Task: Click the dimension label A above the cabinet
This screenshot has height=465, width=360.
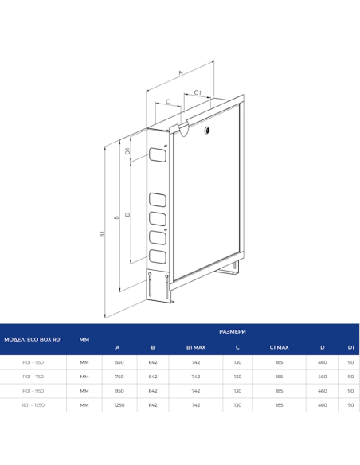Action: click(181, 72)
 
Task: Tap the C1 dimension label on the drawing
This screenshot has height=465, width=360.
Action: click(198, 92)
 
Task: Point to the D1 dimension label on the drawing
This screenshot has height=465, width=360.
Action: click(127, 151)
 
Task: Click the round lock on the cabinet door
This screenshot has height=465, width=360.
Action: click(206, 129)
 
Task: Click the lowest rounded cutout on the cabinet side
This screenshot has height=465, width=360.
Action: click(157, 256)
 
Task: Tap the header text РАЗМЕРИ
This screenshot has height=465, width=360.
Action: click(232, 330)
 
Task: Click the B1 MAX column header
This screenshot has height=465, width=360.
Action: click(196, 347)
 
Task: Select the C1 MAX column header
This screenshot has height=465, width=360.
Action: click(279, 347)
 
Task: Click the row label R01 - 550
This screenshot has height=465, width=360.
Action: click(33, 362)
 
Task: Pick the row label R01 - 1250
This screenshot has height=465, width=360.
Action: click(33, 405)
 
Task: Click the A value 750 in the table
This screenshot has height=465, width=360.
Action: click(119, 377)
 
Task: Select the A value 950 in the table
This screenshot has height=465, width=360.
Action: click(119, 391)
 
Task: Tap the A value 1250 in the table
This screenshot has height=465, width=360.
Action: click(119, 405)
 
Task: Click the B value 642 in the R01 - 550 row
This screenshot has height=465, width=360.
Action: click(153, 362)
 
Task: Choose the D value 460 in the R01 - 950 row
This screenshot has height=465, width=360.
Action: click(322, 391)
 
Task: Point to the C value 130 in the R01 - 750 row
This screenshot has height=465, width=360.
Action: click(237, 377)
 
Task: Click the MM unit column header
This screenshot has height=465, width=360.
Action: click(84, 339)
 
